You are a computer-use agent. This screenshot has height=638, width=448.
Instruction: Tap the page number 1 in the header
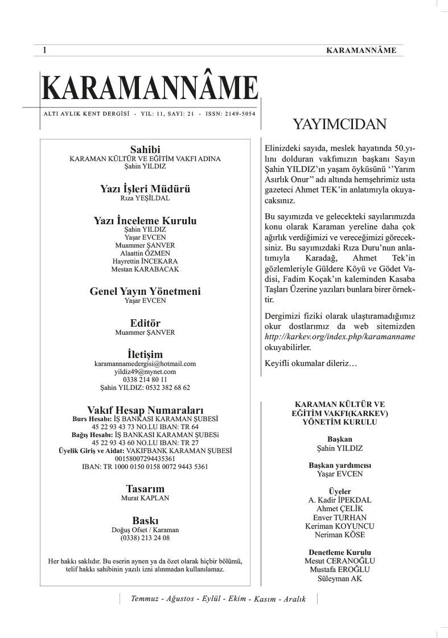[x=44, y=51]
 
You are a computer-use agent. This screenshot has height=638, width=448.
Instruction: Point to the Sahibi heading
[x=145, y=149]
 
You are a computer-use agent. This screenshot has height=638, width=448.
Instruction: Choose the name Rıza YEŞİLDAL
[x=145, y=199]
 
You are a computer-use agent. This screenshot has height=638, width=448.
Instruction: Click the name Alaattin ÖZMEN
[x=145, y=253]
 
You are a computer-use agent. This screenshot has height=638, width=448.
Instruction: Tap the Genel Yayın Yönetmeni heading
[x=145, y=291]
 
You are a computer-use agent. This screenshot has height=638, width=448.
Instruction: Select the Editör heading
[x=145, y=323]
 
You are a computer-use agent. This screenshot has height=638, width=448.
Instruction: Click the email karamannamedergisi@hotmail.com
[x=145, y=363]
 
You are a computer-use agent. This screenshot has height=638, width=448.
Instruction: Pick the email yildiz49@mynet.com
[x=145, y=371]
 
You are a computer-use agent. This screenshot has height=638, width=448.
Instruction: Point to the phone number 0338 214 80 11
[x=145, y=379]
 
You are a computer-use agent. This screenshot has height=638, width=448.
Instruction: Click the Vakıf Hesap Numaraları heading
[x=145, y=409]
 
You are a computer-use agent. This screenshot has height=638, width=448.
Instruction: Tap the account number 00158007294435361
[x=145, y=458]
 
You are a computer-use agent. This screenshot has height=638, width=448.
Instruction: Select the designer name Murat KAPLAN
[x=145, y=497]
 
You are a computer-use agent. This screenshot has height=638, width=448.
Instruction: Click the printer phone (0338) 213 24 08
[x=145, y=537]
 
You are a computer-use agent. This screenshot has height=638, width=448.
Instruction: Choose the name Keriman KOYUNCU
[x=339, y=526]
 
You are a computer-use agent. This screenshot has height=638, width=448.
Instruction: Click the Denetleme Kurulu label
[x=339, y=552]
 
